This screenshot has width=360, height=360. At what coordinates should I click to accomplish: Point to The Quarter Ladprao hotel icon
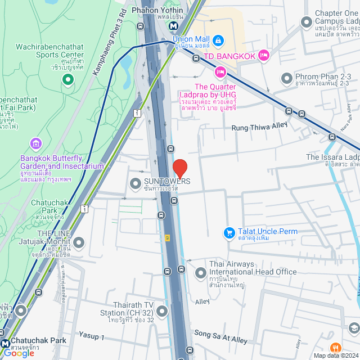[220, 71]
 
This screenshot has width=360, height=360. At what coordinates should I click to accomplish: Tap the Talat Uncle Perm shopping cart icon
[229, 232]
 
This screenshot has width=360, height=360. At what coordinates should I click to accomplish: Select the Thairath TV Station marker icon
[162, 310]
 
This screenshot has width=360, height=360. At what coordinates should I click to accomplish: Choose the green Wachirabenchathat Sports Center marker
[68, 80]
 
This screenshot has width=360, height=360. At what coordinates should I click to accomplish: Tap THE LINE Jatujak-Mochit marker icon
[78, 243]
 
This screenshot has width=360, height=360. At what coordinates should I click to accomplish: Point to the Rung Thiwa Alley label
[259, 128]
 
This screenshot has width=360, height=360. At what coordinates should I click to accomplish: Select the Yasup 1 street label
[92, 337]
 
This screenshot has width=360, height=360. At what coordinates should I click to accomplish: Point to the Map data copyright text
[336, 355]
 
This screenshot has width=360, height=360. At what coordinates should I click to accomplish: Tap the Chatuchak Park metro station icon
[5, 342]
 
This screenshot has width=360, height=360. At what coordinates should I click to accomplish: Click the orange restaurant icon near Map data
[335, 348]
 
